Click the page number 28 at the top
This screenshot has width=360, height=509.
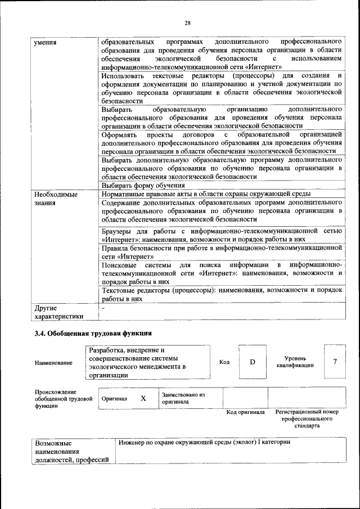[x=187, y=22]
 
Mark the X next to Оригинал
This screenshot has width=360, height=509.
[x=143, y=398]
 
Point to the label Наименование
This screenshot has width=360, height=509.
[x=53, y=363]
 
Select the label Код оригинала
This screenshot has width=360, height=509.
[x=245, y=412]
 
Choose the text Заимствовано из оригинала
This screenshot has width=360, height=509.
[x=183, y=398]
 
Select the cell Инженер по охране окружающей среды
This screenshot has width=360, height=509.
[x=205, y=443]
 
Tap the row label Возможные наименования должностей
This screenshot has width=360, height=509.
[x=71, y=451]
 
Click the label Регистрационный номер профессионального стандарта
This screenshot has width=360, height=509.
[x=307, y=419]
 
